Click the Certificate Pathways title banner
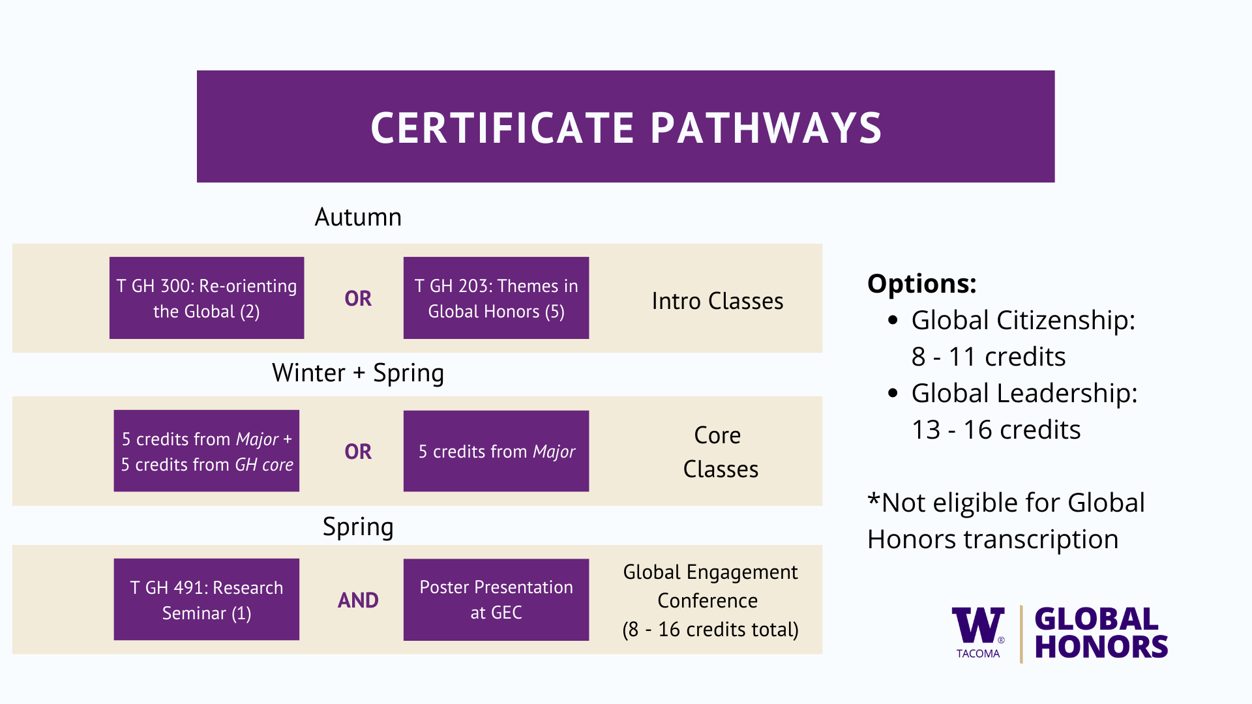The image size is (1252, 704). [625, 126]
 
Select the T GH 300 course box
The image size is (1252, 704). [207, 298]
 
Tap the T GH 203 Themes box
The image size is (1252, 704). [496, 298]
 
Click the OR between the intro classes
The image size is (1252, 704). [358, 299]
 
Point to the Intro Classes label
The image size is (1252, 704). [717, 301]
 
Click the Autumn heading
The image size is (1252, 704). [358, 217]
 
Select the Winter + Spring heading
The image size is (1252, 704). [358, 374]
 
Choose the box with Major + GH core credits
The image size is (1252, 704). [207, 451]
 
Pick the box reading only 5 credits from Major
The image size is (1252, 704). [496, 451]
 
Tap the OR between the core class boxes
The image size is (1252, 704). [358, 452]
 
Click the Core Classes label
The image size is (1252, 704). [720, 452]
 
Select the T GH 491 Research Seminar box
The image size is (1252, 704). [207, 600]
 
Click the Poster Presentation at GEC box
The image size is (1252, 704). [496, 600]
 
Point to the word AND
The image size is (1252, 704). [358, 600]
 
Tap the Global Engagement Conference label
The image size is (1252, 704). [710, 586]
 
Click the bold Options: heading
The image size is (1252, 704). [922, 284]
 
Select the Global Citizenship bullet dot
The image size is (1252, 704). [894, 320]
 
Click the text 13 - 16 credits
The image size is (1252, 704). [996, 430]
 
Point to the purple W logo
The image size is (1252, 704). [978, 626]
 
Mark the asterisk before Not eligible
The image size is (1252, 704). [874, 499]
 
